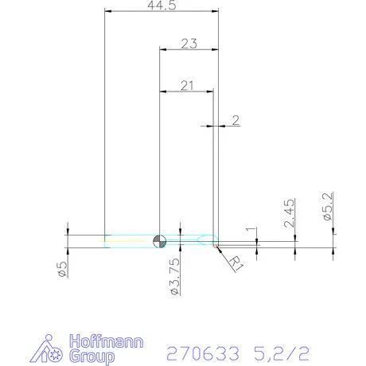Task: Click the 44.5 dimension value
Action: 161,6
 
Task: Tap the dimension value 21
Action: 187,85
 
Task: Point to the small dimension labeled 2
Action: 236,120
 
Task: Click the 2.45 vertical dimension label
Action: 290,213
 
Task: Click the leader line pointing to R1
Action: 220,251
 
